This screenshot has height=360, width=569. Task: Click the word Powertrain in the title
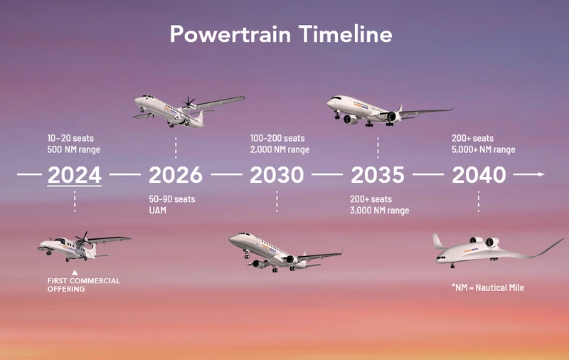pyautogui.click(x=230, y=34)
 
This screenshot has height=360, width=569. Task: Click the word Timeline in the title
pyautogui.click(x=346, y=33)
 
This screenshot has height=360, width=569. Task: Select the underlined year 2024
pyautogui.click(x=75, y=175)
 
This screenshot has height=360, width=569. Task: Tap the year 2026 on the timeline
pyautogui.click(x=176, y=174)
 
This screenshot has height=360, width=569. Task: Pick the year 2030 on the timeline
pyautogui.click(x=277, y=174)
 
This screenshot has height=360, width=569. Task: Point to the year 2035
pyautogui.click(x=378, y=174)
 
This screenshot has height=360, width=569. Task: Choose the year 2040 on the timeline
pyautogui.click(x=479, y=174)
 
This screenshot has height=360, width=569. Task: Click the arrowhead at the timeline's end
pyautogui.click(x=542, y=174)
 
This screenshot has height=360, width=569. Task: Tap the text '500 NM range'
pyautogui.click(x=74, y=149)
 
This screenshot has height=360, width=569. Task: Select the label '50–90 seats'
pyautogui.click(x=172, y=199)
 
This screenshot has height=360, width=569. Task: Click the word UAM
pyautogui.click(x=157, y=210)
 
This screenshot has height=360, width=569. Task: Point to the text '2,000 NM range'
pyautogui.click(x=280, y=149)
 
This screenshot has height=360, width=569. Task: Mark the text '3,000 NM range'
pyautogui.click(x=380, y=211)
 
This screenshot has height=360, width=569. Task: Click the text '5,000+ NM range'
pyautogui.click(x=484, y=149)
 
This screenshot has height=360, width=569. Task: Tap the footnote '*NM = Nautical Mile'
pyautogui.click(x=488, y=287)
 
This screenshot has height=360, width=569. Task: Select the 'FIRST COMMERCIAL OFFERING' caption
pyautogui.click(x=83, y=285)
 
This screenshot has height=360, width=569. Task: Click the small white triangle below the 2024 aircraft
pyautogui.click(x=75, y=272)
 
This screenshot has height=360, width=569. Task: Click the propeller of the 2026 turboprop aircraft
pyautogui.click(x=189, y=102)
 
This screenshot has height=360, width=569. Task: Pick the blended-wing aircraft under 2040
pyautogui.click(x=498, y=250)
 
